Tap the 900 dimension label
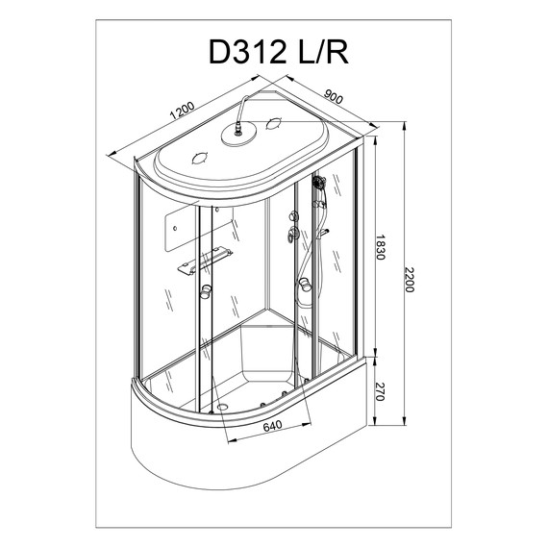(335, 95)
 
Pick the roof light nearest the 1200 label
(203, 158)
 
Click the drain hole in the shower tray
(223, 406)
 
